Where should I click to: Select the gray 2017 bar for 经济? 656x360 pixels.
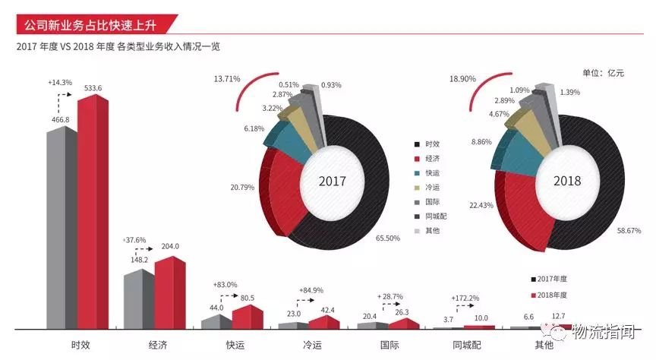tap(138, 299)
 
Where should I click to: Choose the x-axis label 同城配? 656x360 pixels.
tap(466, 344)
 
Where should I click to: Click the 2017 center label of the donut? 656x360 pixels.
tap(332, 182)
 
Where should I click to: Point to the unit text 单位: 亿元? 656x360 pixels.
tap(603, 73)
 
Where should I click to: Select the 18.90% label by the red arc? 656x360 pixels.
tap(463, 79)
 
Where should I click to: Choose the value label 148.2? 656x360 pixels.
tap(138, 259)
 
